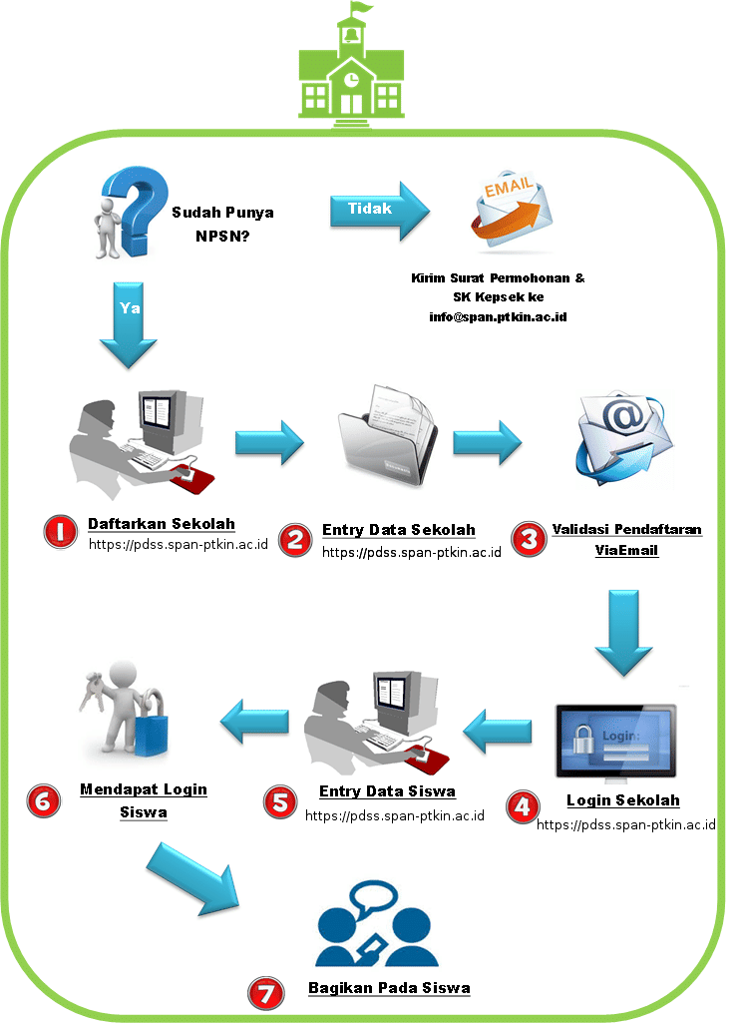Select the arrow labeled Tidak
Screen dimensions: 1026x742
(379, 210)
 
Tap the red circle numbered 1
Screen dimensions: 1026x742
(61, 532)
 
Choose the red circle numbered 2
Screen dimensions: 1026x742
(295, 540)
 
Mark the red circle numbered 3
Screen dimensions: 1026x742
(527, 539)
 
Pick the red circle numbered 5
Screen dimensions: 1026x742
(280, 800)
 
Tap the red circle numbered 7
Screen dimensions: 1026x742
(265, 992)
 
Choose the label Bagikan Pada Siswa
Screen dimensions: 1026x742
(389, 988)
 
